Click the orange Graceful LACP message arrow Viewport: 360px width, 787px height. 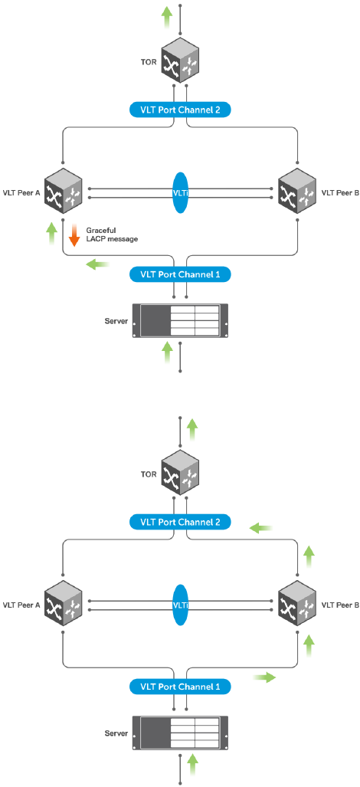click(x=74, y=236)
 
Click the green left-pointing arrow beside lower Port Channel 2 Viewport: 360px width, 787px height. click(x=261, y=527)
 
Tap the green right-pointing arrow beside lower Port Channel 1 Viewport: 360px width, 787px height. click(x=264, y=677)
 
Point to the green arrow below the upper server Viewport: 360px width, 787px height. click(x=168, y=352)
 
